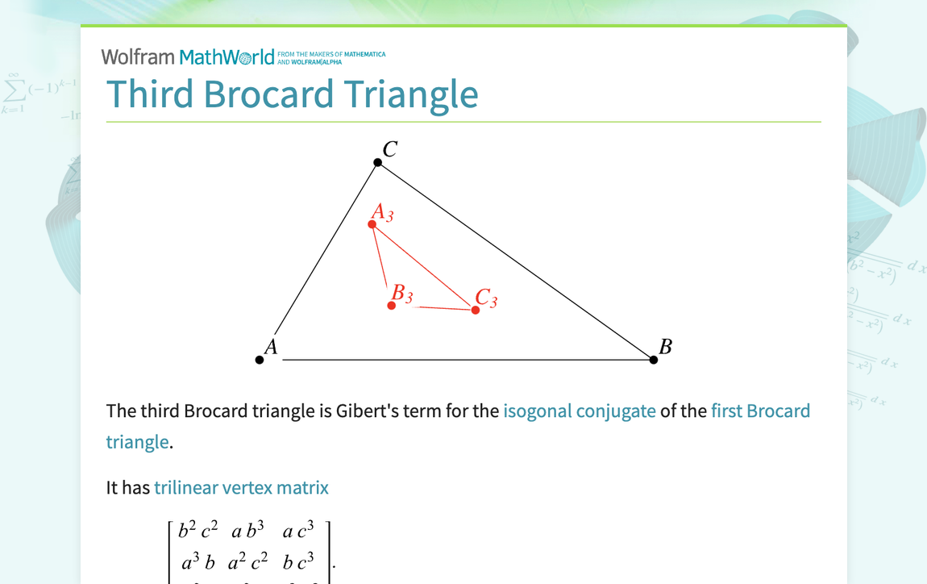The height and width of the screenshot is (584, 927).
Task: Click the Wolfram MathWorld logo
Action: (x=188, y=57)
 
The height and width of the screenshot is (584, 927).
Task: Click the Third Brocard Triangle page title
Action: (x=292, y=94)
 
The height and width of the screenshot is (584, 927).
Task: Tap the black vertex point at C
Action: (x=378, y=163)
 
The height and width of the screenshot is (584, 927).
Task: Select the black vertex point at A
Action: (x=260, y=360)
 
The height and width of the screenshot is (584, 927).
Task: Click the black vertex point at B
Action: (x=654, y=360)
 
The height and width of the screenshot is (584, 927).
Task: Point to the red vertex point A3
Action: (x=372, y=224)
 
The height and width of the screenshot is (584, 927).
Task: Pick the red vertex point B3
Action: (x=392, y=306)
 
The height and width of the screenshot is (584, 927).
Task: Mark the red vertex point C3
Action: (x=476, y=310)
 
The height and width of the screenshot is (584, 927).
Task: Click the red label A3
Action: (x=382, y=212)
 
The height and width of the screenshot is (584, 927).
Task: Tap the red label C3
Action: (x=486, y=298)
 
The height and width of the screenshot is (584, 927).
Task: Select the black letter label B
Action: (x=665, y=347)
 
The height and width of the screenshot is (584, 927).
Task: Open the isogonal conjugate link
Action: (x=579, y=411)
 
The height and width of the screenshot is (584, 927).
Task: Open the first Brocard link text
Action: (x=760, y=411)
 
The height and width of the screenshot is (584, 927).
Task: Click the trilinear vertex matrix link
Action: (x=241, y=487)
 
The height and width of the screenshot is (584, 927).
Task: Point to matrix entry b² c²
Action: (x=197, y=531)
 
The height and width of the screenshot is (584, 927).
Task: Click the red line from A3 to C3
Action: (x=424, y=267)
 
